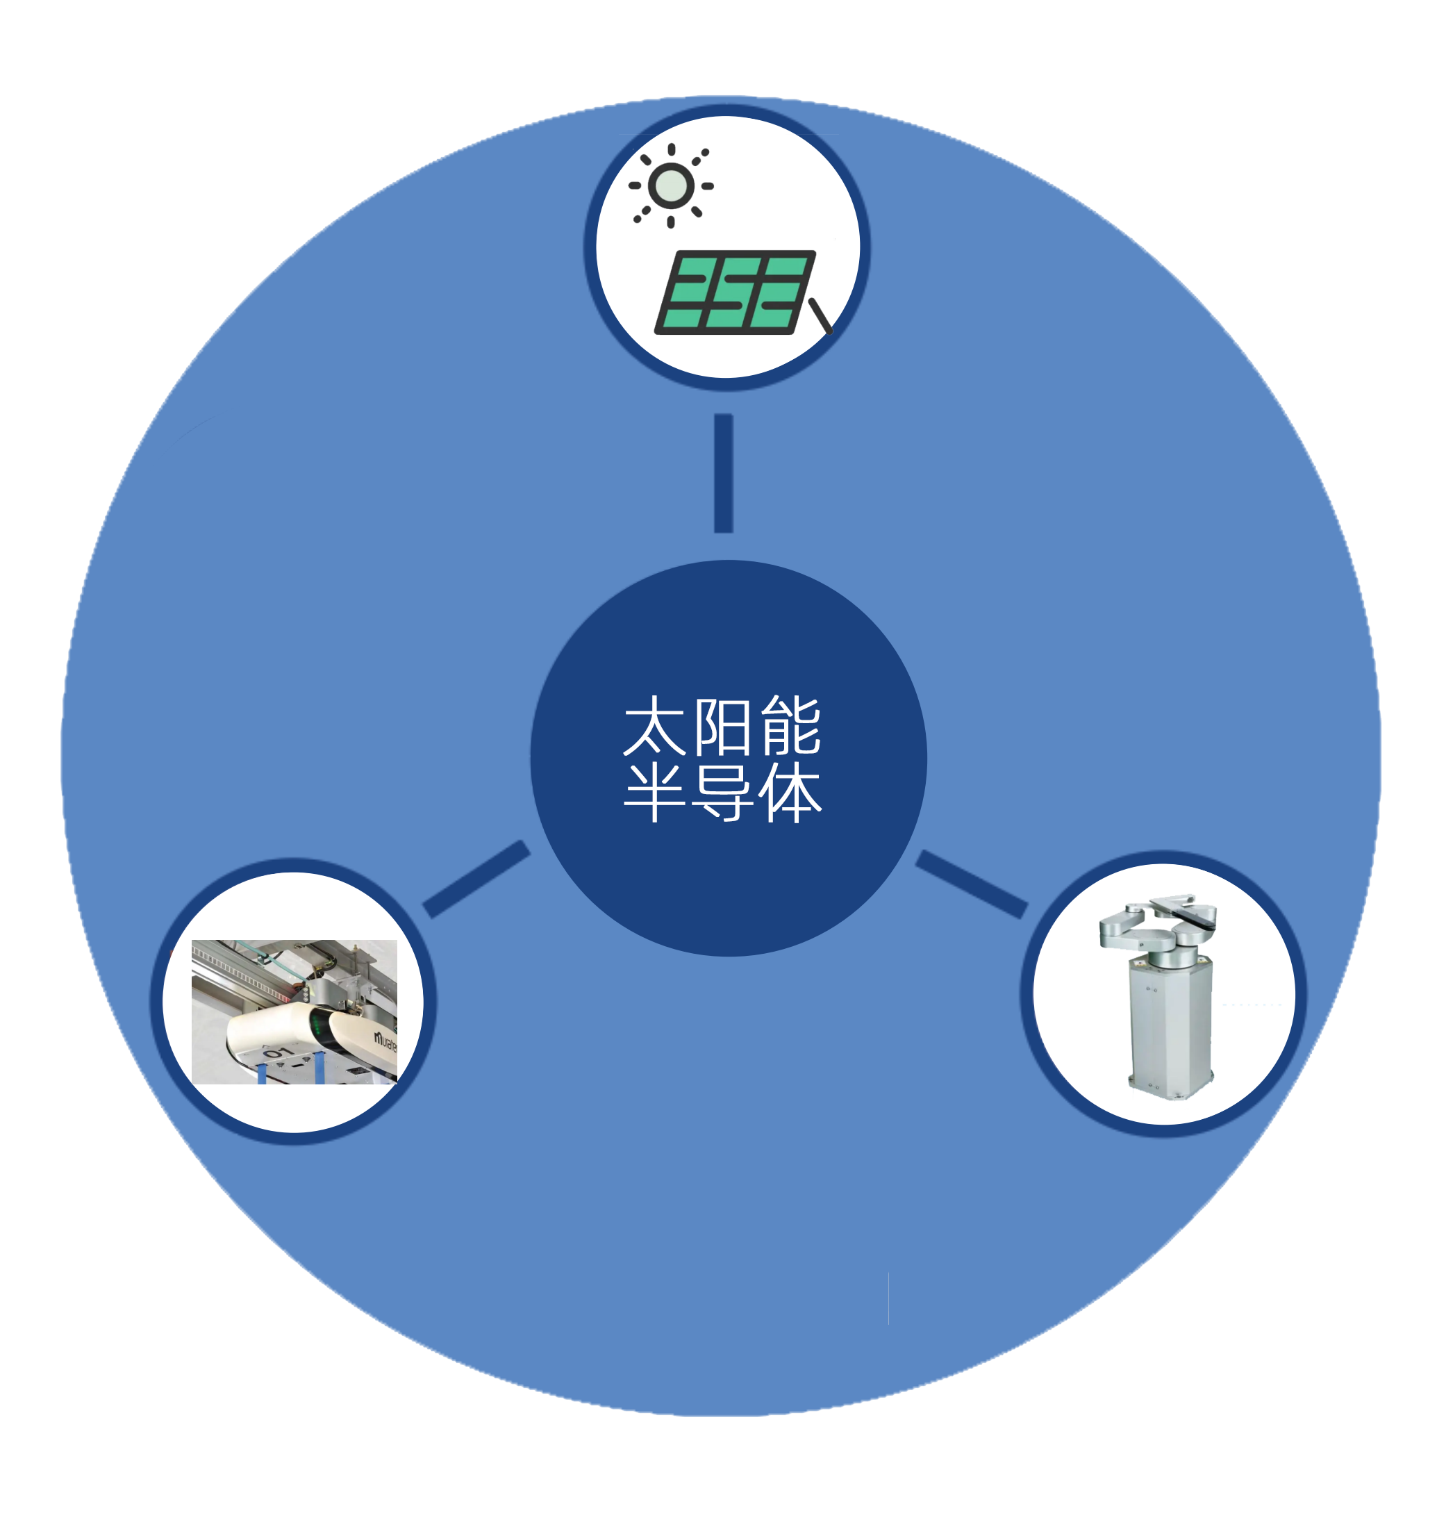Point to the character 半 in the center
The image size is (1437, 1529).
coord(654,792)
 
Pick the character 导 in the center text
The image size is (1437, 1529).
coord(722,792)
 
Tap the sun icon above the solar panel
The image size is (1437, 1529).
coord(671,185)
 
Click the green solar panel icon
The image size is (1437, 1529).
coord(734,292)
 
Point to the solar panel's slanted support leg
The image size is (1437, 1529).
coord(820,316)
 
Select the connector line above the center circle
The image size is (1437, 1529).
coord(724,473)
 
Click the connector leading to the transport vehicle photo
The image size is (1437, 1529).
coord(476,879)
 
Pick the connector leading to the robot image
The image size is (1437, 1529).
coord(972,884)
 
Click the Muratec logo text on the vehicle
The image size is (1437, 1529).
coord(385,1041)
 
